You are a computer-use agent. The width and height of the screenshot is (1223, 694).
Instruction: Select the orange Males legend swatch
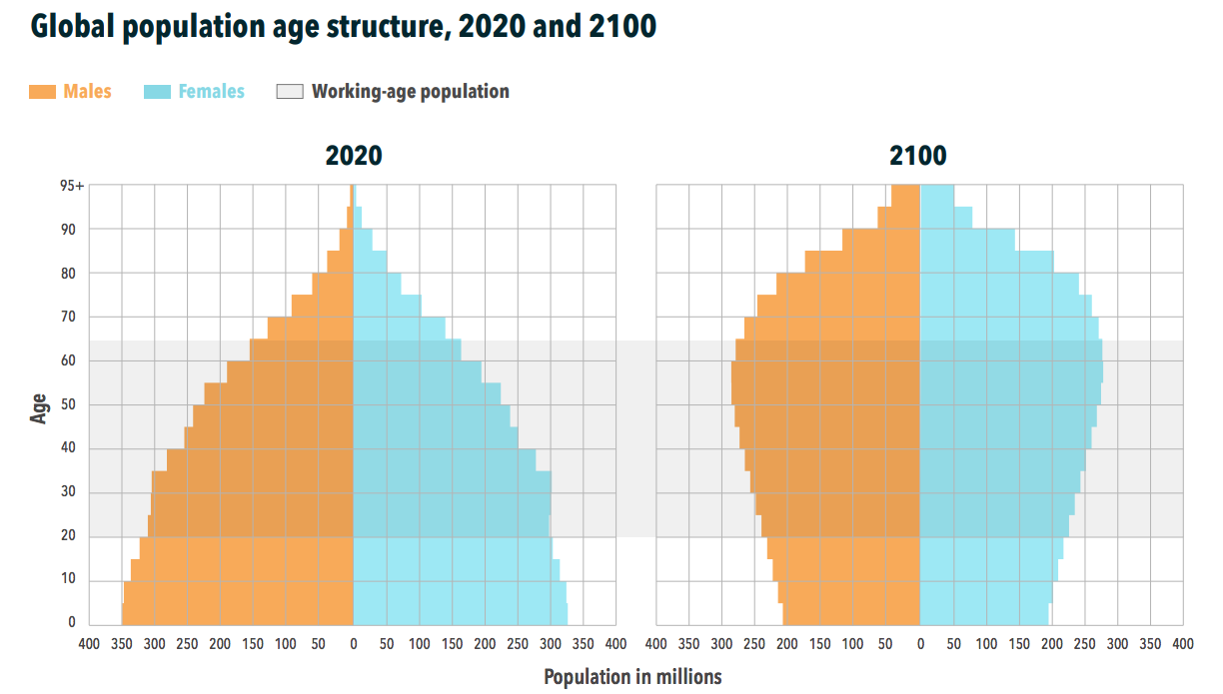[42, 92]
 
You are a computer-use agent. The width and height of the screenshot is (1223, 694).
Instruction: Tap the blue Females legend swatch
[157, 92]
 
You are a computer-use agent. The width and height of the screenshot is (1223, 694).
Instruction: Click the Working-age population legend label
[410, 92]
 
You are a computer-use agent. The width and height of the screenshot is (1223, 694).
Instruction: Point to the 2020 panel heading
[353, 157]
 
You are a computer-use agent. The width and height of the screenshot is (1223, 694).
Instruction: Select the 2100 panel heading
[918, 157]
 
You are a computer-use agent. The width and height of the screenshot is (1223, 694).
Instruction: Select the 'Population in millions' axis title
[632, 677]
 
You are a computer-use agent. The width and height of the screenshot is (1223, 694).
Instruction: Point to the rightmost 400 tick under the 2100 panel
[1183, 644]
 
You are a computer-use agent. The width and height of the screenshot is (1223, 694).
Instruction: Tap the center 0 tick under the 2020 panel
[353, 644]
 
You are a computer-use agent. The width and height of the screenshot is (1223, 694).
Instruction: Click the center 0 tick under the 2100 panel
[919, 644]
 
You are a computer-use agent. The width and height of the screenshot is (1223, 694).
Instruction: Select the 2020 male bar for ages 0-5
[238, 614]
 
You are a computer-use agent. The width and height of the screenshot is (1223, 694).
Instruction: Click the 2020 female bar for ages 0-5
[460, 614]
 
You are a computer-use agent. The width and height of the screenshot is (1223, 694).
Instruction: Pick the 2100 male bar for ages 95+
[905, 196]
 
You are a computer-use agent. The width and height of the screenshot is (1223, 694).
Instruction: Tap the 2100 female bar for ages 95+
[936, 196]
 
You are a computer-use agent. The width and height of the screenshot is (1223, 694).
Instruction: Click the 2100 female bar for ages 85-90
[966, 240]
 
